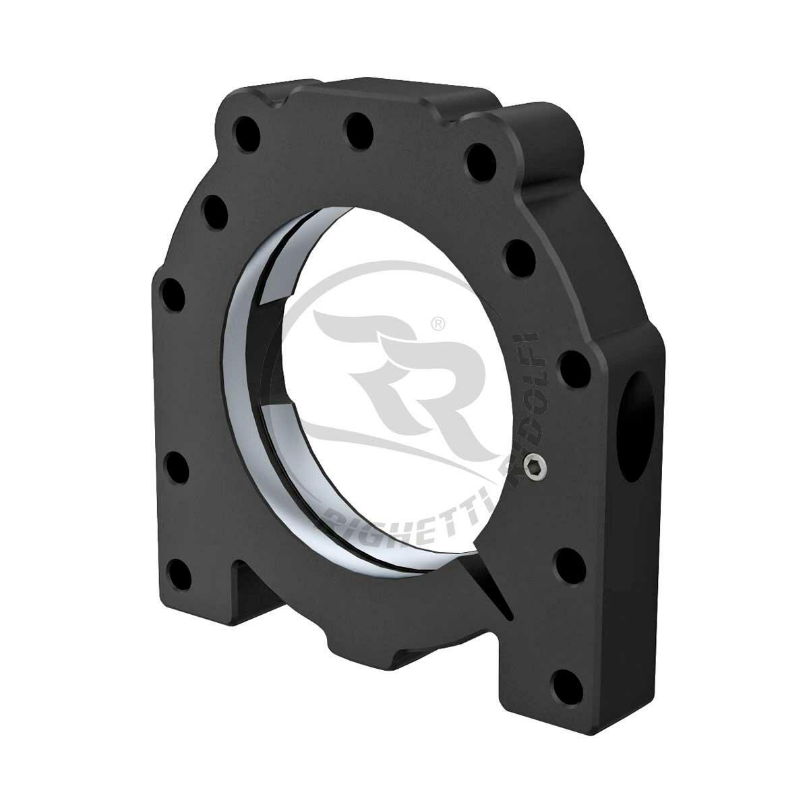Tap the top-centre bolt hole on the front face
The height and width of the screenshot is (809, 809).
click(356, 126)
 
